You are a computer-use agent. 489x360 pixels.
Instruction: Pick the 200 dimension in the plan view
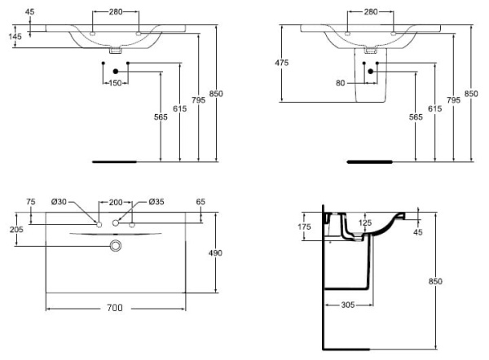(115, 202)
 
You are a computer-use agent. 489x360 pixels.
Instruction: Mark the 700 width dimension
(114, 308)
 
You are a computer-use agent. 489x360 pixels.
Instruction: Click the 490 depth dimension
(216, 253)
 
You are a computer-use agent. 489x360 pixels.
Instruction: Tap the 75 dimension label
(30, 202)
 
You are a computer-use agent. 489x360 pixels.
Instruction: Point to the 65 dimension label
(200, 202)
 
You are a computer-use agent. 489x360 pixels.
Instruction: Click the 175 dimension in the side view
(305, 227)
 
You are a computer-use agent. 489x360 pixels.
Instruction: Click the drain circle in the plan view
(115, 244)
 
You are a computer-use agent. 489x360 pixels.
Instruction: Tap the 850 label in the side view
(436, 281)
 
